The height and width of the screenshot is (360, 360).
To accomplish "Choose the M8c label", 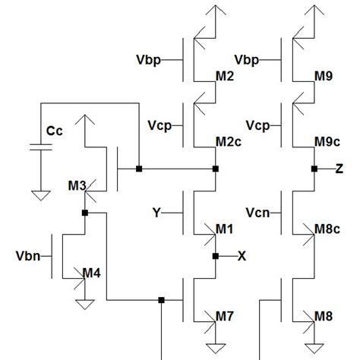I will click(x=326, y=229).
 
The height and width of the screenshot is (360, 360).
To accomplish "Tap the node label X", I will click(x=242, y=257).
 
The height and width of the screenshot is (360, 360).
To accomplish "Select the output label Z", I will click(x=339, y=169).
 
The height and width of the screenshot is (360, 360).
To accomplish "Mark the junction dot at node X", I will click(x=216, y=256).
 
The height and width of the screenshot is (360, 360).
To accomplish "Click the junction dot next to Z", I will click(x=314, y=169).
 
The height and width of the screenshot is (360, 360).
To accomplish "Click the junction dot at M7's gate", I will click(x=161, y=300).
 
